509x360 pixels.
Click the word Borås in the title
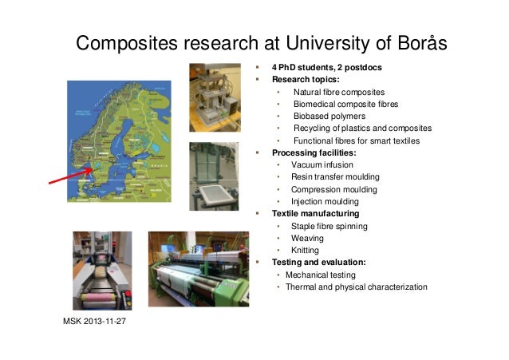(412, 42)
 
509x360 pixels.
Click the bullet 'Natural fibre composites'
(338, 93)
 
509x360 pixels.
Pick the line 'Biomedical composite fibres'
(345, 105)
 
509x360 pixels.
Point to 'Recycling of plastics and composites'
(362, 129)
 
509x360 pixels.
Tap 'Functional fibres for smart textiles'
(356, 140)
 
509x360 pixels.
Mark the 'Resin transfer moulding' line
(335, 176)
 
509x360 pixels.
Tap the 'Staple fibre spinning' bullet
(329, 227)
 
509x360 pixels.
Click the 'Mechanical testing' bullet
(321, 275)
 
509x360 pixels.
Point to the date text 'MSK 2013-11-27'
(96, 322)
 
